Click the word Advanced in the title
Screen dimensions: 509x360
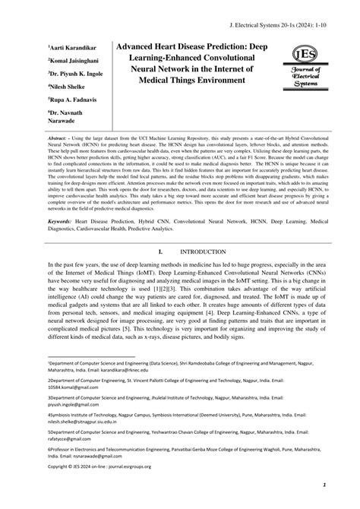pos(140,46)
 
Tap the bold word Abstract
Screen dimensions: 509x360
pos(58,139)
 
